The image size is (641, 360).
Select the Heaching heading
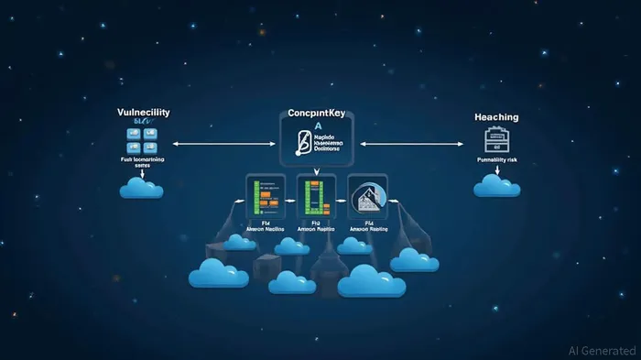pos(496,117)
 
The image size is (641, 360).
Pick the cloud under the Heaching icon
pos(497,186)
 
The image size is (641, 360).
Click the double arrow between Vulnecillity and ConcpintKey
pos(223,143)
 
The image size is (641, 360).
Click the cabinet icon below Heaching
pos(496,140)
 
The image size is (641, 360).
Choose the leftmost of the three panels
pos(266,198)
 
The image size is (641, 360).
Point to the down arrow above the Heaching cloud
pos(496,170)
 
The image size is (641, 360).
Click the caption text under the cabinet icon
pos(497,160)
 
